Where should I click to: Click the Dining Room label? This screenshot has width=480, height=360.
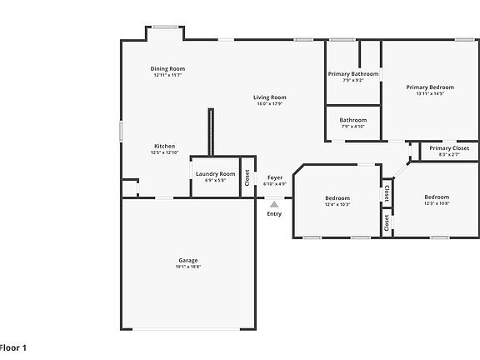click(167, 68)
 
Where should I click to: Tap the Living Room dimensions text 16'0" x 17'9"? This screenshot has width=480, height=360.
click(270, 104)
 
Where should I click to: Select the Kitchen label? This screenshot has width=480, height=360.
click(164, 146)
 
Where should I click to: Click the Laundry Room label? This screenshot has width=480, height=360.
click(215, 173)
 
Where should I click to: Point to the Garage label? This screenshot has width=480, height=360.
click(188, 260)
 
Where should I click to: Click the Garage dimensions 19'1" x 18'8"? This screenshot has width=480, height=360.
click(188, 267)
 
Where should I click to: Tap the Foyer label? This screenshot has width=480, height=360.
click(274, 177)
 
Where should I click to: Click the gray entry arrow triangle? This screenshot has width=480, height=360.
click(274, 202)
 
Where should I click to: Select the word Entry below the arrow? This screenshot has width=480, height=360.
click(274, 214)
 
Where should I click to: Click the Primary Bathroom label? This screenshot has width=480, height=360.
click(352, 73)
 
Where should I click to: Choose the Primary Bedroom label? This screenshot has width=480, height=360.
click(430, 87)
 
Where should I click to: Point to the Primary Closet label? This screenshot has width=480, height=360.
click(449, 148)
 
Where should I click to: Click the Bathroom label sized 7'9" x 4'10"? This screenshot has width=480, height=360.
click(352, 120)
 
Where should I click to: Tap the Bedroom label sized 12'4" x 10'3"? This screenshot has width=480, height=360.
click(337, 197)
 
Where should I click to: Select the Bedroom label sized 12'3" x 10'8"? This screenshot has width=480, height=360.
click(437, 197)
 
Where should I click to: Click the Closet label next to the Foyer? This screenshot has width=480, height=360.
click(247, 177)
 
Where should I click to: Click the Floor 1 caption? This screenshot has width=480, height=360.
click(13, 347)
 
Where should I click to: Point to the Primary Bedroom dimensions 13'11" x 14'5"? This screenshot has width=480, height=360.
click(430, 94)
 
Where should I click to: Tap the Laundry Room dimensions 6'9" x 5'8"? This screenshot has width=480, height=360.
click(215, 181)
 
